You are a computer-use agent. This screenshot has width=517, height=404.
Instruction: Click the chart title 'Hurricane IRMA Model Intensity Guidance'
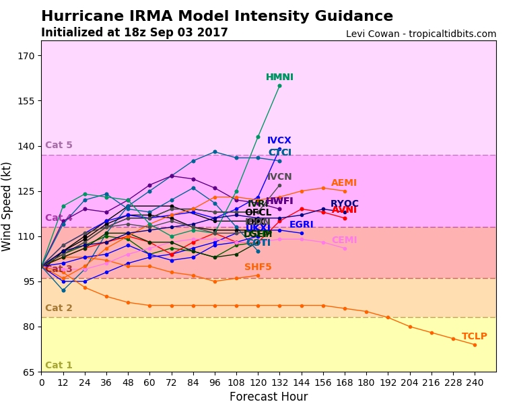(217, 17)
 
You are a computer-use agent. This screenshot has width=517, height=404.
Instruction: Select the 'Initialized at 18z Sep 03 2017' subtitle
(134, 33)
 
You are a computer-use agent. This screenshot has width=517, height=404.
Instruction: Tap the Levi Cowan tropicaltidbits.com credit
(421, 34)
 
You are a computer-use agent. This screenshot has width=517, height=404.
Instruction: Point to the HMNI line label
(279, 77)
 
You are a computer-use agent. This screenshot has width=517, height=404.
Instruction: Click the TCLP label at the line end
(474, 337)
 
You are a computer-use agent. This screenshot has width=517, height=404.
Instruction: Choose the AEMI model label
(344, 183)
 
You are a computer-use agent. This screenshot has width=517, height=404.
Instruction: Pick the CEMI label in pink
(344, 240)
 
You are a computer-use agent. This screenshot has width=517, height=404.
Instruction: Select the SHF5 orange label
(258, 267)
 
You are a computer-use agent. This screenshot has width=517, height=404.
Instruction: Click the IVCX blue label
(279, 141)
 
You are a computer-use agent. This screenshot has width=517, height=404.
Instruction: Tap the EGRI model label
(301, 225)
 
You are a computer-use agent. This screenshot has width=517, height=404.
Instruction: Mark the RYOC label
(344, 204)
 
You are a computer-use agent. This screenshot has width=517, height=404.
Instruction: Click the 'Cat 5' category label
(59, 145)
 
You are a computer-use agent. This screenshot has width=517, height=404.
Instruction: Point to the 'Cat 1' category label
(59, 366)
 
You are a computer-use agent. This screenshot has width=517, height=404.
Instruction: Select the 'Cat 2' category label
(59, 308)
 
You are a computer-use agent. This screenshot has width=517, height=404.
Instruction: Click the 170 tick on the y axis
(26, 56)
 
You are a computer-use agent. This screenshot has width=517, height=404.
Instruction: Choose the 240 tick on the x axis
(474, 382)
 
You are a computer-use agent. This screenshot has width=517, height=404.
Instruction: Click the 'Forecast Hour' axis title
(269, 397)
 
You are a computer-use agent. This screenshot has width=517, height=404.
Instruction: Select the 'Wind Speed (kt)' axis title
(7, 206)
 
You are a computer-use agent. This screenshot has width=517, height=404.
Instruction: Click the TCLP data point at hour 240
(474, 345)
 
